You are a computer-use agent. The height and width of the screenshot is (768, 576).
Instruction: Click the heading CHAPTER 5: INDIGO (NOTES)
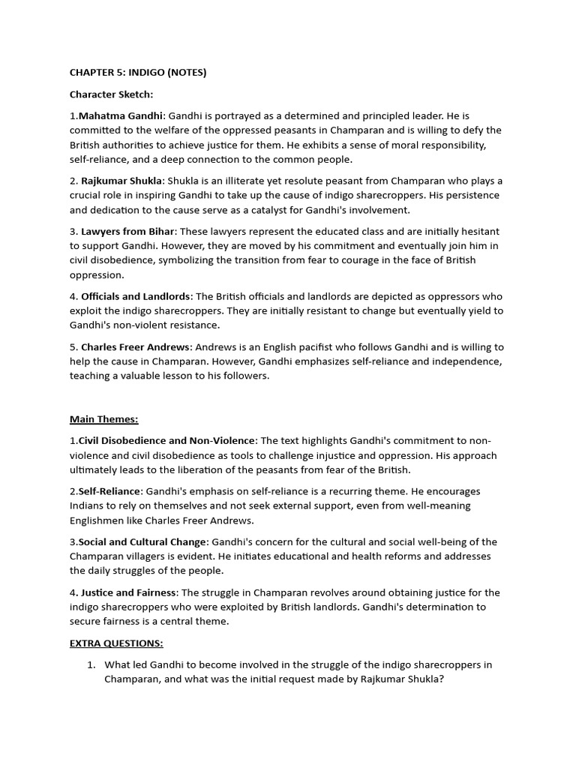138,73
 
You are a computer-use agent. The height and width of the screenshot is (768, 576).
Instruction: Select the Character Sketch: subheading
111,94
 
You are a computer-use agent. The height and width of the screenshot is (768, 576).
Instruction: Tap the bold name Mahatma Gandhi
121,116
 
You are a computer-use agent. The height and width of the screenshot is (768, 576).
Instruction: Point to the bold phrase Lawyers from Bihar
127,232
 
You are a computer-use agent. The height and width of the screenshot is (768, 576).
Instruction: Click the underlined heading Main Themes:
103,419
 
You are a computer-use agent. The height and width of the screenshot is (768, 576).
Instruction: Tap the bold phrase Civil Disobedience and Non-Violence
166,441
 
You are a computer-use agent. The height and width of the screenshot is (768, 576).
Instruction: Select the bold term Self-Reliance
109,491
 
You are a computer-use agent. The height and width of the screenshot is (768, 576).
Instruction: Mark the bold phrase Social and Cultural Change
143,541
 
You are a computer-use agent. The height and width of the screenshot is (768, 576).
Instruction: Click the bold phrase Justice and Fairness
129,592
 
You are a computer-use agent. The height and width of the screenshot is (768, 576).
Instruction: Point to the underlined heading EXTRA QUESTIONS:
116,643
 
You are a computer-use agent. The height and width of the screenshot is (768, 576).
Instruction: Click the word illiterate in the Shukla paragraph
271,181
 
